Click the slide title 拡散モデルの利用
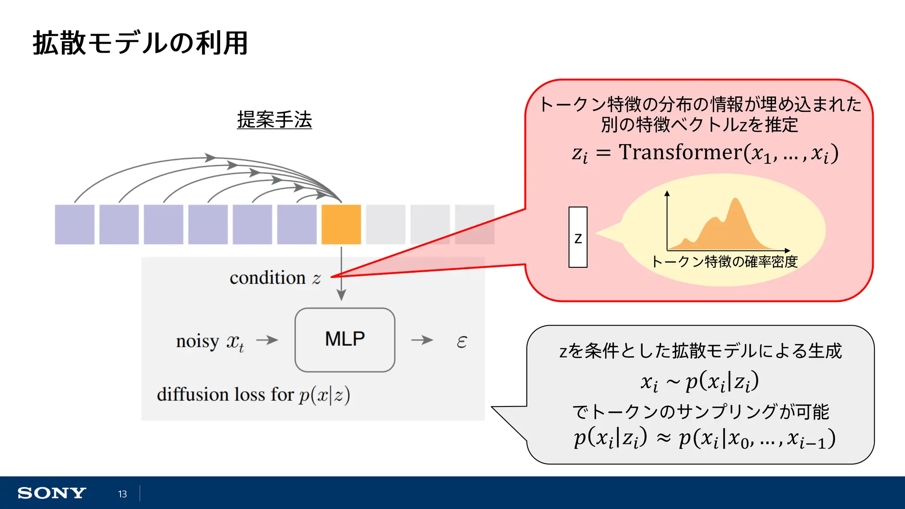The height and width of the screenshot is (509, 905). (x=141, y=43)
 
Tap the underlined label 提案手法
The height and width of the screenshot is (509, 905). (x=274, y=120)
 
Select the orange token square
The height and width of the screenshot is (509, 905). (x=341, y=224)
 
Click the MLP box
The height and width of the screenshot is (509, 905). (x=345, y=340)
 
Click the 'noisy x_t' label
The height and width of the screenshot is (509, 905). (x=210, y=342)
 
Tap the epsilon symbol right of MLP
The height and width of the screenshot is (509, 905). (x=461, y=342)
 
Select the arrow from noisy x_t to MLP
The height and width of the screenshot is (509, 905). (x=267, y=340)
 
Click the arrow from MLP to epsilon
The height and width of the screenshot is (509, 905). (x=422, y=340)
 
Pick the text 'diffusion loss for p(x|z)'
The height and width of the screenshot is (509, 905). (x=253, y=395)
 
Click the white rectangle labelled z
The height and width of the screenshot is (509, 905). (x=578, y=237)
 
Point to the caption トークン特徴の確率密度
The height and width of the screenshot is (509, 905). (x=725, y=262)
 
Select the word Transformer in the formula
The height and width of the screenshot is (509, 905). (x=681, y=152)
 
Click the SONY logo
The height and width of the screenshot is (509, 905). (x=52, y=493)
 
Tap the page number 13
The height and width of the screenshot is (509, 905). (x=122, y=494)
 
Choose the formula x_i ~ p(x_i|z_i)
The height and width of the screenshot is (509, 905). (x=700, y=381)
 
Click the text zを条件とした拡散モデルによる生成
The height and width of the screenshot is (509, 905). (x=700, y=351)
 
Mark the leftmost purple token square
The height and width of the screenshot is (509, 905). (x=75, y=224)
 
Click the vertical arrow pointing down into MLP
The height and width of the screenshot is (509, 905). (x=341, y=274)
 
